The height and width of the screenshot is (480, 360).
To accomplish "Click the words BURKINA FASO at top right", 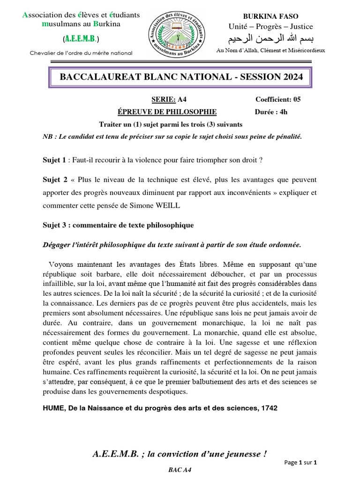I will point(270,16).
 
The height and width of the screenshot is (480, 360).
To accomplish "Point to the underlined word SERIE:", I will point(163,99).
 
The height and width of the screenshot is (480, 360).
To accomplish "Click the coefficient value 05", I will point(296,99).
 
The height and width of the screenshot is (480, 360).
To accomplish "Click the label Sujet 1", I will point(54,160).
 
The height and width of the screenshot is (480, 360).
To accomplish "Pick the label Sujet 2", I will point(55,180).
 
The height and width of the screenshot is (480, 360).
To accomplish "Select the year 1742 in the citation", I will point(269,408).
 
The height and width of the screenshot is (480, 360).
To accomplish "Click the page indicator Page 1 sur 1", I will point(301,463).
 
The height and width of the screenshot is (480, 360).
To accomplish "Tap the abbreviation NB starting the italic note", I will point(47,136).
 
